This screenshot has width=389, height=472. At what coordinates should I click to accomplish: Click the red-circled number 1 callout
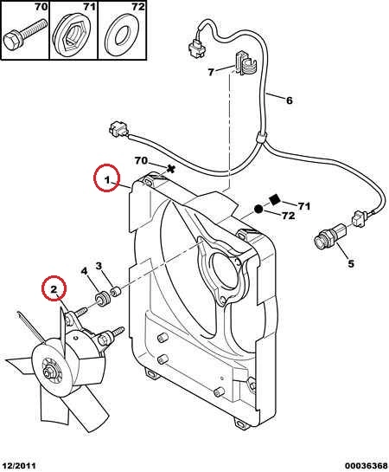tap(106, 178)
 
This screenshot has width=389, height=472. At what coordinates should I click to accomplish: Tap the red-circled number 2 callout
tap(54, 288)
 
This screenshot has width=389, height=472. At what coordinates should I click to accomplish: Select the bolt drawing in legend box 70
tap(25, 36)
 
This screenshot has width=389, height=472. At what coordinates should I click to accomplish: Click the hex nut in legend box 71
tap(73, 34)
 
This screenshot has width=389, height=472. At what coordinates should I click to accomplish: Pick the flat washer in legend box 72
tap(122, 35)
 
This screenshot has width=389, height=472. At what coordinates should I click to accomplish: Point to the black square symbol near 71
tap(275, 199)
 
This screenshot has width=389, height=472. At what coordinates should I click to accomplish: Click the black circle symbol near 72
tap(258, 209)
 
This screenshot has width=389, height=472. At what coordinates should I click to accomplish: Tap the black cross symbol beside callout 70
tap(171, 169)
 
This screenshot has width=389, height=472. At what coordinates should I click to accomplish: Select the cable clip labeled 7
tap(246, 64)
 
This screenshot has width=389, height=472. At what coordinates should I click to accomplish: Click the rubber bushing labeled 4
tap(102, 298)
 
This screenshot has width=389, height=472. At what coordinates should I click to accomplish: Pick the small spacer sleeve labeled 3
tap(115, 291)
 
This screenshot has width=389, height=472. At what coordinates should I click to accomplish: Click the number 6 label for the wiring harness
tap(289, 100)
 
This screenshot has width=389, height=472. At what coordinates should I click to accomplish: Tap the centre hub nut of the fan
tap(48, 372)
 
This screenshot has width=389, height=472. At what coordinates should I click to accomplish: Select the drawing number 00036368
tap(366, 466)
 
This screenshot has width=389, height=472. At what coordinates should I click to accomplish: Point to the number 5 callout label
tap(351, 263)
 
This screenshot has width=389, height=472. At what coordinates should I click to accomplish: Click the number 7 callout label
tap(211, 72)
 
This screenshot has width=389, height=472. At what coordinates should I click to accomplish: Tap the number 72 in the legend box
tap(138, 7)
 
